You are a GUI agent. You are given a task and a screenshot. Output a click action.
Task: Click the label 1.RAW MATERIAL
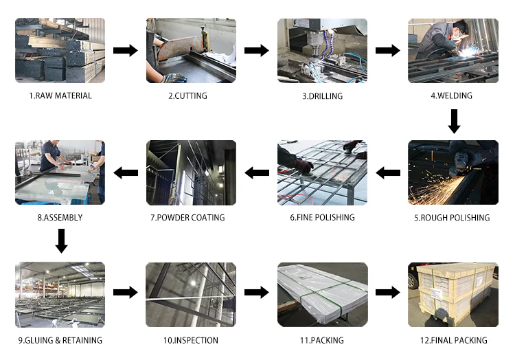pyautogui.click(x=60, y=95)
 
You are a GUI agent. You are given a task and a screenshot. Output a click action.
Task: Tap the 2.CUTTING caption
pyautogui.click(x=187, y=95)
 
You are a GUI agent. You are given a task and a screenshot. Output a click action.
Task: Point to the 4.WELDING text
pyautogui.click(x=451, y=95)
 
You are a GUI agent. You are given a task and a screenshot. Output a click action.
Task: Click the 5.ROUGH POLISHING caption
pyautogui.click(x=452, y=218)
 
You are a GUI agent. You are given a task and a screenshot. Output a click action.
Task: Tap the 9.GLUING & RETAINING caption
pyautogui.click(x=60, y=340)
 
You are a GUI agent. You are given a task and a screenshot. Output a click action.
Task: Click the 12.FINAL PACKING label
pyautogui.click(x=452, y=340)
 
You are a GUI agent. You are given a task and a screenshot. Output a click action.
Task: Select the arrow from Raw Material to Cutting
pyautogui.click(x=125, y=51)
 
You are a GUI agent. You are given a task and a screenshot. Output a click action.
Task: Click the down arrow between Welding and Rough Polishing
pyautogui.click(x=453, y=122)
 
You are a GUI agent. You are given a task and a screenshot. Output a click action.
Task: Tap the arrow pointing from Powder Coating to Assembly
pyautogui.click(x=125, y=172)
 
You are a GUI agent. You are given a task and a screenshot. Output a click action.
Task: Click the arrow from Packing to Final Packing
pyautogui.click(x=387, y=292)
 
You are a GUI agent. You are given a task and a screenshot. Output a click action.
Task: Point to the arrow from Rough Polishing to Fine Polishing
pyautogui.click(x=388, y=172)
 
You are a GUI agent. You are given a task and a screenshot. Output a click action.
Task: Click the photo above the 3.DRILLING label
pyautogui.click(x=322, y=51)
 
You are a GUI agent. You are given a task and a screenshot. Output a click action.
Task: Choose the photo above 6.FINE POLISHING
pyautogui.click(x=322, y=172)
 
